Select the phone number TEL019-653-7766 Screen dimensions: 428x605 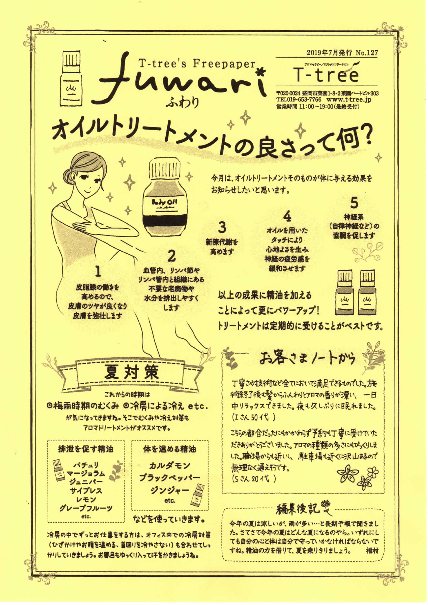(x=299, y=100)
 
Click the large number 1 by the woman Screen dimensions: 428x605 (x=98, y=272)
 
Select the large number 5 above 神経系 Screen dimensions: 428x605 (x=354, y=203)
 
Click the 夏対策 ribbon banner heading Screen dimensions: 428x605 (x=132, y=373)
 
